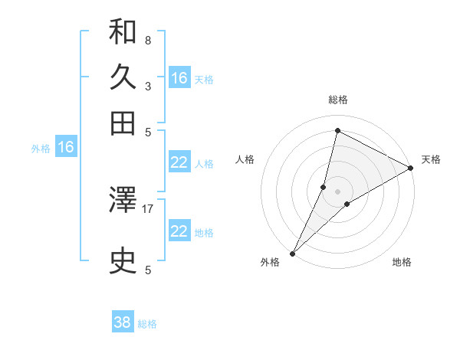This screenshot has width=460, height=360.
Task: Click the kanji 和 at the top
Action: pos(123,32)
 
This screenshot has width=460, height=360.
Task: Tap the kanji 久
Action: pos(123,77)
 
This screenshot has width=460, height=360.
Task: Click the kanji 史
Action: pos(123,261)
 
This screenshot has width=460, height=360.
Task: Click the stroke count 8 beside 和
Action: pos(147,40)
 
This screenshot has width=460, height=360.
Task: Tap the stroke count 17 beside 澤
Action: pos(148,208)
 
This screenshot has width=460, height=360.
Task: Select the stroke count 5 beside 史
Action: pos(147,269)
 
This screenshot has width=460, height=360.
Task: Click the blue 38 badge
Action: pos(123,322)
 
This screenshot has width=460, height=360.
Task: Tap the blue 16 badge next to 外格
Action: pos(66,148)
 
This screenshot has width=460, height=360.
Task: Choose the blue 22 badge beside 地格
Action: pos(179,231)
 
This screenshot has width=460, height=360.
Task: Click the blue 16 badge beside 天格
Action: pos(179,78)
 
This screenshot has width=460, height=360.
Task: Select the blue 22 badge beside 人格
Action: pos(179,162)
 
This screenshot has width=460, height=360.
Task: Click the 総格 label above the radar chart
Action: pos(337,100)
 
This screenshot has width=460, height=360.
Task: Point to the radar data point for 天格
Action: pos(411,169)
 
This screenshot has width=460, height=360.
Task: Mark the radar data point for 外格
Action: pos(292,254)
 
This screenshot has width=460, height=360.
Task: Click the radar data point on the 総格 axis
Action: pos(337,130)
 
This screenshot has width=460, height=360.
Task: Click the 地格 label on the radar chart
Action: pos(402,263)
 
